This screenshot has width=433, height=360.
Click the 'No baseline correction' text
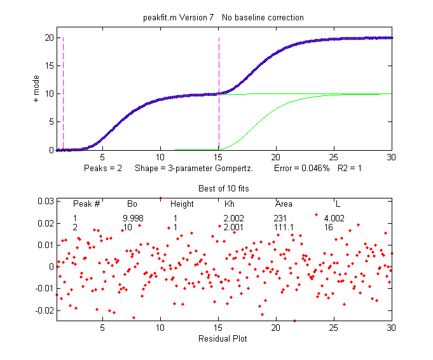point(263,17)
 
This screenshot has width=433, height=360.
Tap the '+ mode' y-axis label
point(36,89)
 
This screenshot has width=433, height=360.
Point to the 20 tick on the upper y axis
point(48,38)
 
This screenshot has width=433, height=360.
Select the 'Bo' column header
point(132,204)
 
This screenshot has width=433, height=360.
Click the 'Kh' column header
point(230,204)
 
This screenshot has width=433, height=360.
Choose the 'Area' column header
point(284,204)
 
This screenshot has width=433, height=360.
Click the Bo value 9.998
point(133,218)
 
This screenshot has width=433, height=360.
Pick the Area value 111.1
point(284,226)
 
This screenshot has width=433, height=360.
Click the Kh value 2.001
point(233,226)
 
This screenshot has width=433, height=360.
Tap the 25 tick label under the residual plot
point(334,328)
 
